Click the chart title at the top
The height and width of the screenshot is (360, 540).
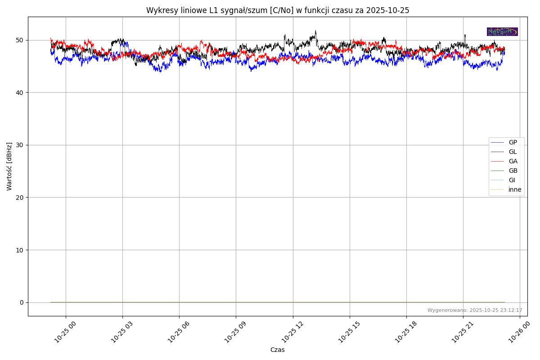278,10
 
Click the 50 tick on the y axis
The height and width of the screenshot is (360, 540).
20,40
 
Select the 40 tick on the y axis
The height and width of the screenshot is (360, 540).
20,93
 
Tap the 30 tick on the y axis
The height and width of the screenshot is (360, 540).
20,145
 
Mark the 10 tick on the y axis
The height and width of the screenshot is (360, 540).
20,250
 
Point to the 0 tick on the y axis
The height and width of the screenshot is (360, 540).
22,302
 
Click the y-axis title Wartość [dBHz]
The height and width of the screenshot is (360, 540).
9,166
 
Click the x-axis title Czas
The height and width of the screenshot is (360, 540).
277,350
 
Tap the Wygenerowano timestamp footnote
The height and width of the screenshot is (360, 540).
475,310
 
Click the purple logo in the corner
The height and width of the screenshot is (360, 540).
502,31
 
